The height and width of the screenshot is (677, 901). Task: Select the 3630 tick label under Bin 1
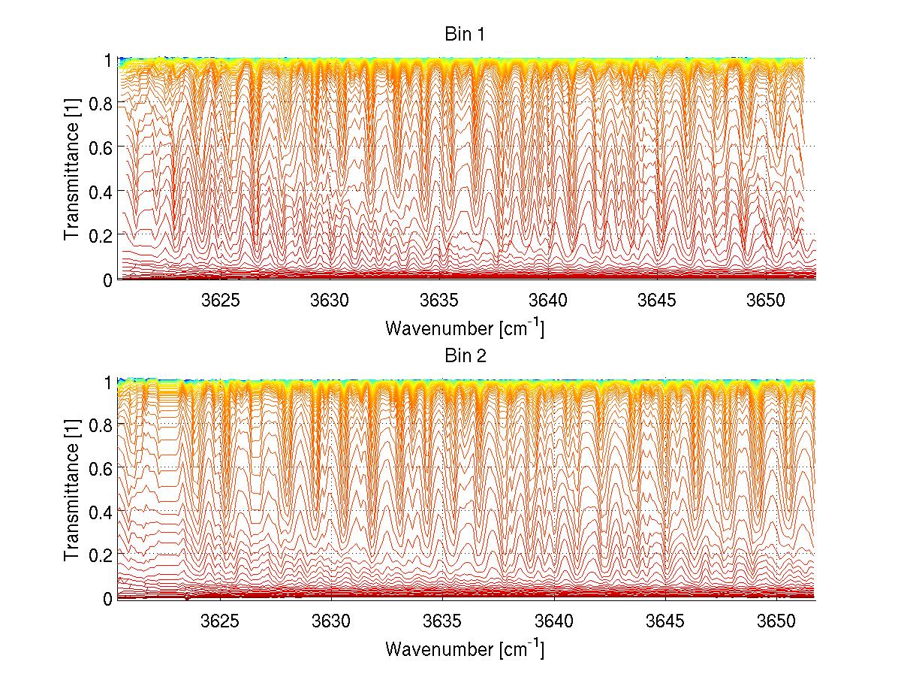coord(331,301)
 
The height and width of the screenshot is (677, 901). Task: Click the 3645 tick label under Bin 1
coord(658,301)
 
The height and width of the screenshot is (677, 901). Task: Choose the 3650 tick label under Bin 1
coord(767,301)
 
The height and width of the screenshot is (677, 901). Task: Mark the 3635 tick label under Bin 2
coord(442,622)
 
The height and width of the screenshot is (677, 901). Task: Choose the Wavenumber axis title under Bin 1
coord(465,328)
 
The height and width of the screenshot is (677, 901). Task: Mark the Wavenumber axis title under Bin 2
coord(465,648)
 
